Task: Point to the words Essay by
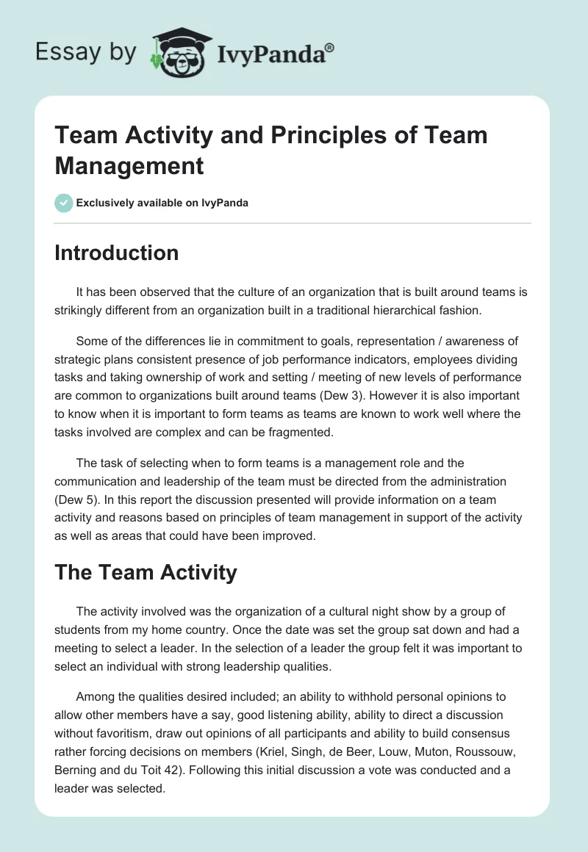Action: [85, 52]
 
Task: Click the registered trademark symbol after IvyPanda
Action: [330, 47]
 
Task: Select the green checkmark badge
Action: [64, 203]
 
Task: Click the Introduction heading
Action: [117, 253]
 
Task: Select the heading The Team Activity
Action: [146, 572]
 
